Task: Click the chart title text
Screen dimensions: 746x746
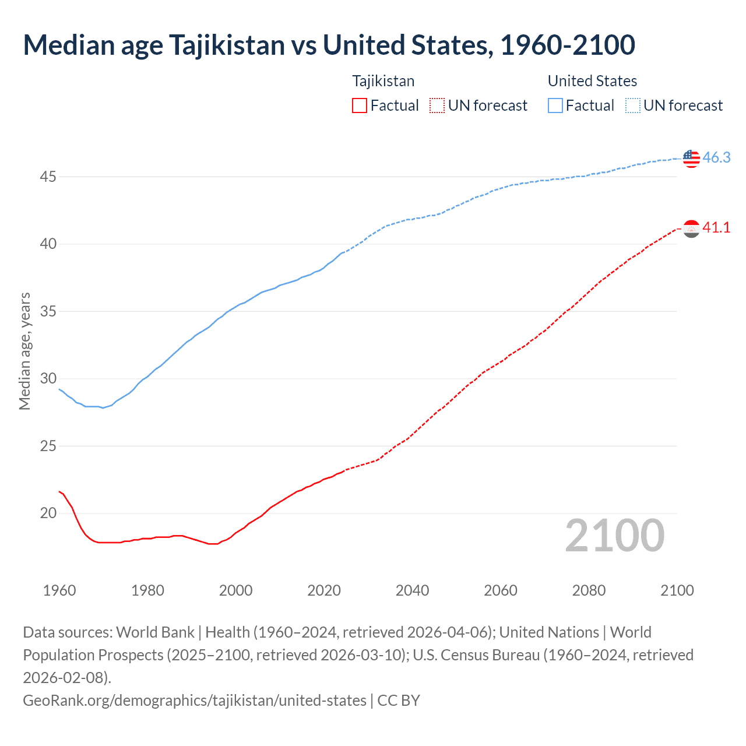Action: [329, 45]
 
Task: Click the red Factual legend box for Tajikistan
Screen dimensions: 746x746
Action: [360, 105]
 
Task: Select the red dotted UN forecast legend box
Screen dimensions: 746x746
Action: [437, 105]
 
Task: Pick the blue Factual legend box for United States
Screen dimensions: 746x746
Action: [555, 105]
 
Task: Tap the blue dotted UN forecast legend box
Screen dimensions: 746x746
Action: [633, 105]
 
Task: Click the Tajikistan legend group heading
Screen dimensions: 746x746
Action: [383, 81]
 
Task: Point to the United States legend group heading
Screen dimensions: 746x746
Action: [592, 81]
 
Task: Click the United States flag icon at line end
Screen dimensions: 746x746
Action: [691, 158]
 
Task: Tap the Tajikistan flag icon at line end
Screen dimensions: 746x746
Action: [691, 228]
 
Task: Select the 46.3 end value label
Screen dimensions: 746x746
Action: [716, 157]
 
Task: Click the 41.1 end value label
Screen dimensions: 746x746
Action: [716, 228]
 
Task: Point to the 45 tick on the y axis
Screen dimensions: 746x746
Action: [48, 177]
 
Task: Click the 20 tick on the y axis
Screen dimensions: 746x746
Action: [48, 513]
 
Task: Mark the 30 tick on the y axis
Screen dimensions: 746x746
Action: [48, 379]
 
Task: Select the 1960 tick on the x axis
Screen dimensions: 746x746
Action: [59, 590]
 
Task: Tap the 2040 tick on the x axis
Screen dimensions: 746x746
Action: [412, 590]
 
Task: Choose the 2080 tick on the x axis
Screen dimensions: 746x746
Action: [589, 590]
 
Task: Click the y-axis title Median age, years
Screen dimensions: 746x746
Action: [24, 351]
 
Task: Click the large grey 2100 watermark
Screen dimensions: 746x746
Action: [614, 536]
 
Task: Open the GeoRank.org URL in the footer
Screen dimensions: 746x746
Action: [195, 700]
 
